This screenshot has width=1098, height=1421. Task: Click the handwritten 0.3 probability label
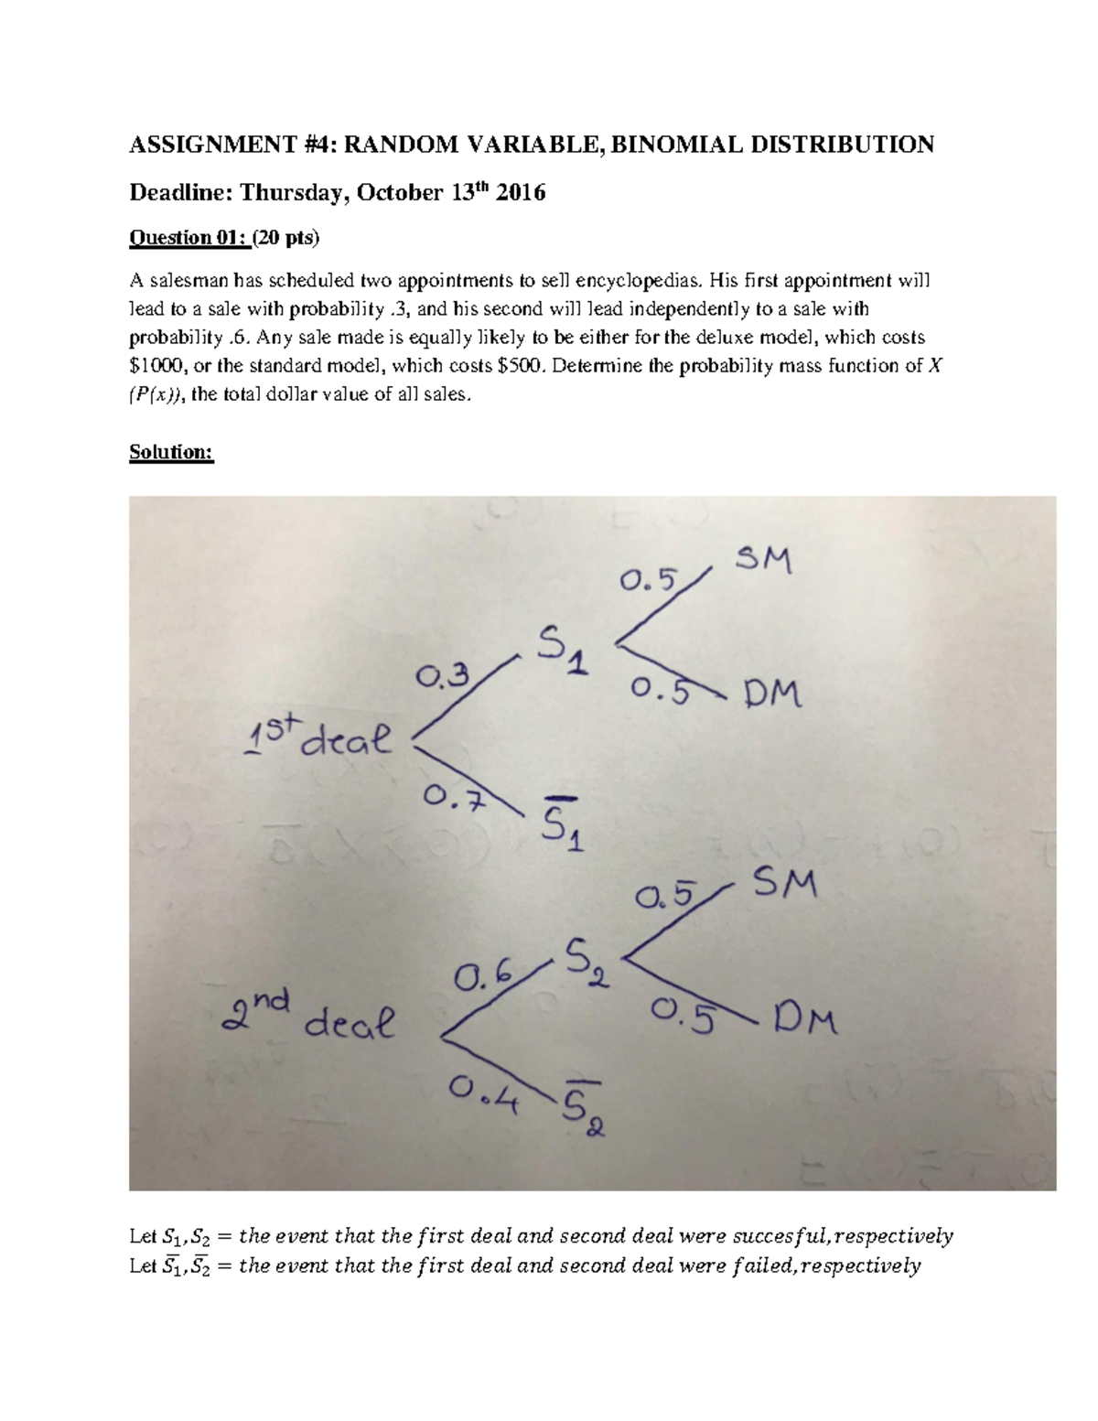[x=442, y=677]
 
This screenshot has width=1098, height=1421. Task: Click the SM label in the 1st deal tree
[x=764, y=559]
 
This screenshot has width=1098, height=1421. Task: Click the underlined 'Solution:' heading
[x=171, y=452]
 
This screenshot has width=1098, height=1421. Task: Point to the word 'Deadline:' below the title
[x=180, y=192]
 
